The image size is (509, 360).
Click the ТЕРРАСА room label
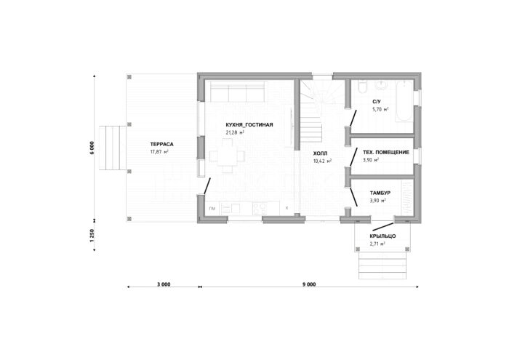point(161,145)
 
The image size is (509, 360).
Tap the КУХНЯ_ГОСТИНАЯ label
point(249,124)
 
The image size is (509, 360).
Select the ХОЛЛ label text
point(321,153)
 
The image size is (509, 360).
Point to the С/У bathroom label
point(377,102)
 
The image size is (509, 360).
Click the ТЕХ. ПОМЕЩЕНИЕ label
point(386,152)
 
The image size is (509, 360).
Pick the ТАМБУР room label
point(380,193)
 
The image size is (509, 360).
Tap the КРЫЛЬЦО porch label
point(382,236)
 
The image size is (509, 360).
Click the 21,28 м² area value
point(235,132)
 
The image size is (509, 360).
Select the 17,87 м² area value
point(159,152)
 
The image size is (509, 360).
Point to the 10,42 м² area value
point(322,161)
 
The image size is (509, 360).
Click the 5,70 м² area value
point(380,109)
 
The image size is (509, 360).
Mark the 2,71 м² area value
point(377,244)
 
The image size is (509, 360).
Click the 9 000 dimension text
point(309,284)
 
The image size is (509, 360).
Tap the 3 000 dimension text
point(164,284)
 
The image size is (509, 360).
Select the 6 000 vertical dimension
point(92,148)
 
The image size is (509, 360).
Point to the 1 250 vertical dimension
point(92,236)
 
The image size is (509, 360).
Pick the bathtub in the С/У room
point(404,101)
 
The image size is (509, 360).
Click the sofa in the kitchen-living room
point(238,92)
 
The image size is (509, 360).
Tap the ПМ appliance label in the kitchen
point(212,209)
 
